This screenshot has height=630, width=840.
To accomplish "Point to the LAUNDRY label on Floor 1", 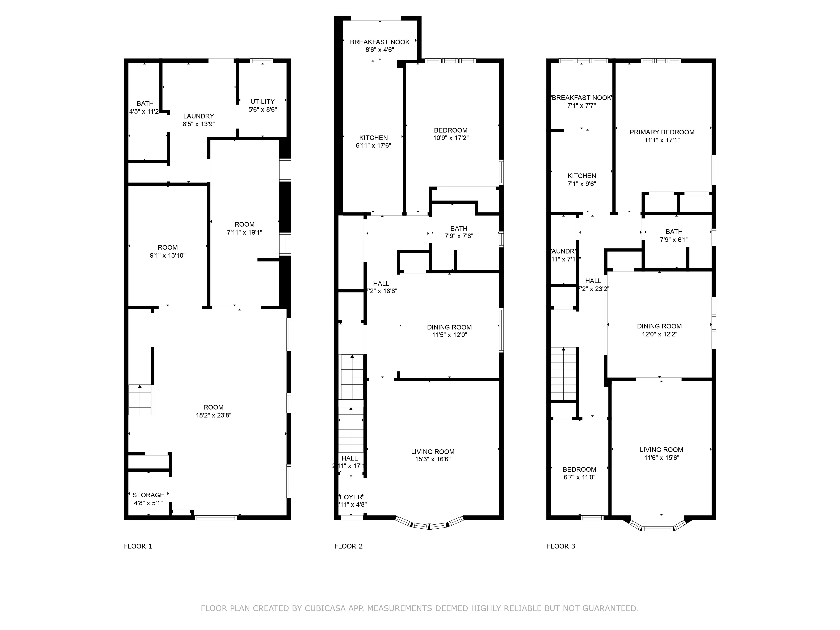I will coord(199,116).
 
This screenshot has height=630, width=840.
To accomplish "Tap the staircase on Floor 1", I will coord(141,400).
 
